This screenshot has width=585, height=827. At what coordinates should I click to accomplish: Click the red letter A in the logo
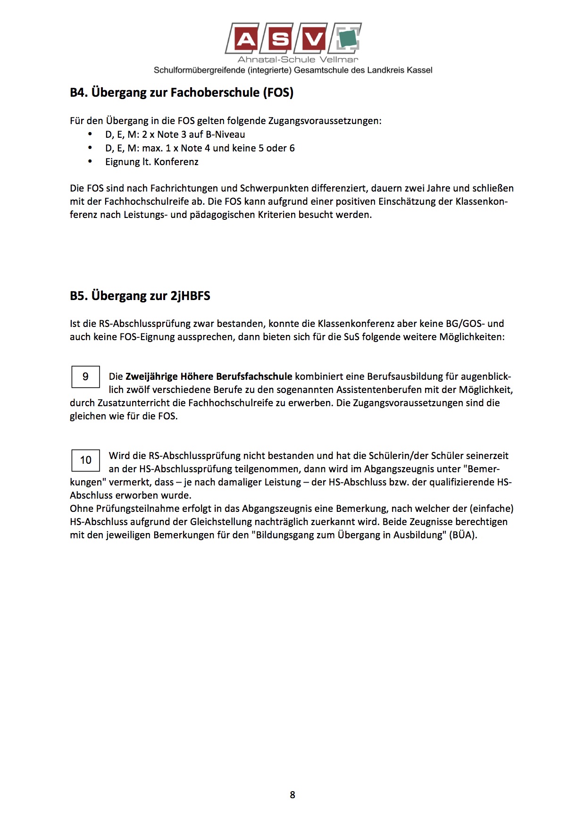pyautogui.click(x=245, y=39)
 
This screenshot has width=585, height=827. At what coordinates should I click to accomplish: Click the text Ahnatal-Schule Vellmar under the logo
pyautogui.click(x=298, y=59)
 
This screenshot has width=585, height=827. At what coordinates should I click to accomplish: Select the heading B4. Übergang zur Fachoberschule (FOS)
pyautogui.click(x=182, y=92)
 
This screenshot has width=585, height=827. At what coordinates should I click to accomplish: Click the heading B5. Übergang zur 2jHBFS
pyautogui.click(x=140, y=296)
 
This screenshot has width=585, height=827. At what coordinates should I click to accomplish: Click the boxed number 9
pyautogui.click(x=85, y=376)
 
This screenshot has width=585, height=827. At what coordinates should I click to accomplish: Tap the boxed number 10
pyautogui.click(x=85, y=460)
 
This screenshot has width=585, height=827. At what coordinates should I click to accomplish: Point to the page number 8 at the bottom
pyautogui.click(x=292, y=795)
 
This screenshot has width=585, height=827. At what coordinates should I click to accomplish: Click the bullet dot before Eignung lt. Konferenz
pyautogui.click(x=90, y=161)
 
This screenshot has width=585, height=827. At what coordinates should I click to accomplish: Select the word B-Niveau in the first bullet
pyautogui.click(x=225, y=134)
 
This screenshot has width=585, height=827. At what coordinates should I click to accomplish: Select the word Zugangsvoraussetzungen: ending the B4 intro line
pyautogui.click(x=325, y=121)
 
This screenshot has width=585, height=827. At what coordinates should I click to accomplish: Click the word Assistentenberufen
pyautogui.click(x=378, y=390)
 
